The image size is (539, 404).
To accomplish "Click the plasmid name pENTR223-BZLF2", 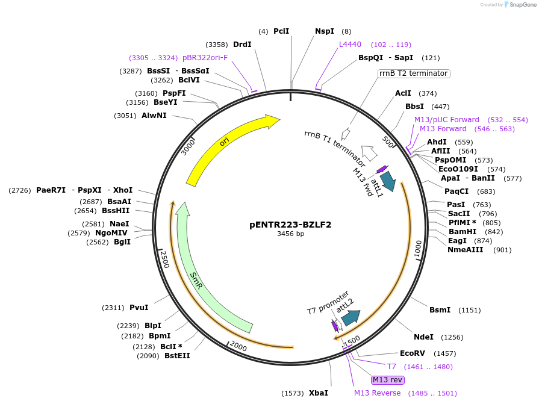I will coord(290,225).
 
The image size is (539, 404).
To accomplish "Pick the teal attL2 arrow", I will coord(350,317).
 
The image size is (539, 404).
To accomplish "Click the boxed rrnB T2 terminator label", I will coord(414,73).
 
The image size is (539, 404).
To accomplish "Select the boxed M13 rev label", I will coord(387,380).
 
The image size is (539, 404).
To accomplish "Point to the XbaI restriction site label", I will coord(319,393).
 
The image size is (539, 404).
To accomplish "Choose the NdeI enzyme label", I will coord(423,337).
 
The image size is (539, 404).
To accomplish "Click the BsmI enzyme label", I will coord(440,310).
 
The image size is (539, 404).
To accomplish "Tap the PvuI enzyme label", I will coord(139,308).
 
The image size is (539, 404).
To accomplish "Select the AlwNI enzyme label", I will coord(154,116).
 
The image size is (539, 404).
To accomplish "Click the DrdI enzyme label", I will coord(242,45).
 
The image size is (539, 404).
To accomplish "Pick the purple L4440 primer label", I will coord(350,45).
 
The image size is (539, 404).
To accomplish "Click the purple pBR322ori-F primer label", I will coord(205,58).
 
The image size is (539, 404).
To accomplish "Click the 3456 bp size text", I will coord(290,234).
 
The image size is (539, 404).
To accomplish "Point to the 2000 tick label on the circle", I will coord(238,347).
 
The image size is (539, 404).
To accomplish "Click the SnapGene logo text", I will coord(520,5).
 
